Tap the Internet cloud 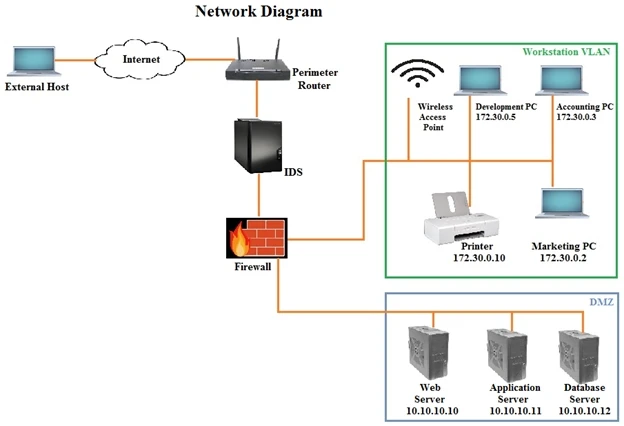[141, 59]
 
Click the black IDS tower [257, 145]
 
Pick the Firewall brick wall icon [255, 235]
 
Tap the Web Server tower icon [431, 352]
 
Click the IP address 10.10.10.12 [582, 410]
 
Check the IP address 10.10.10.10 [431, 410]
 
